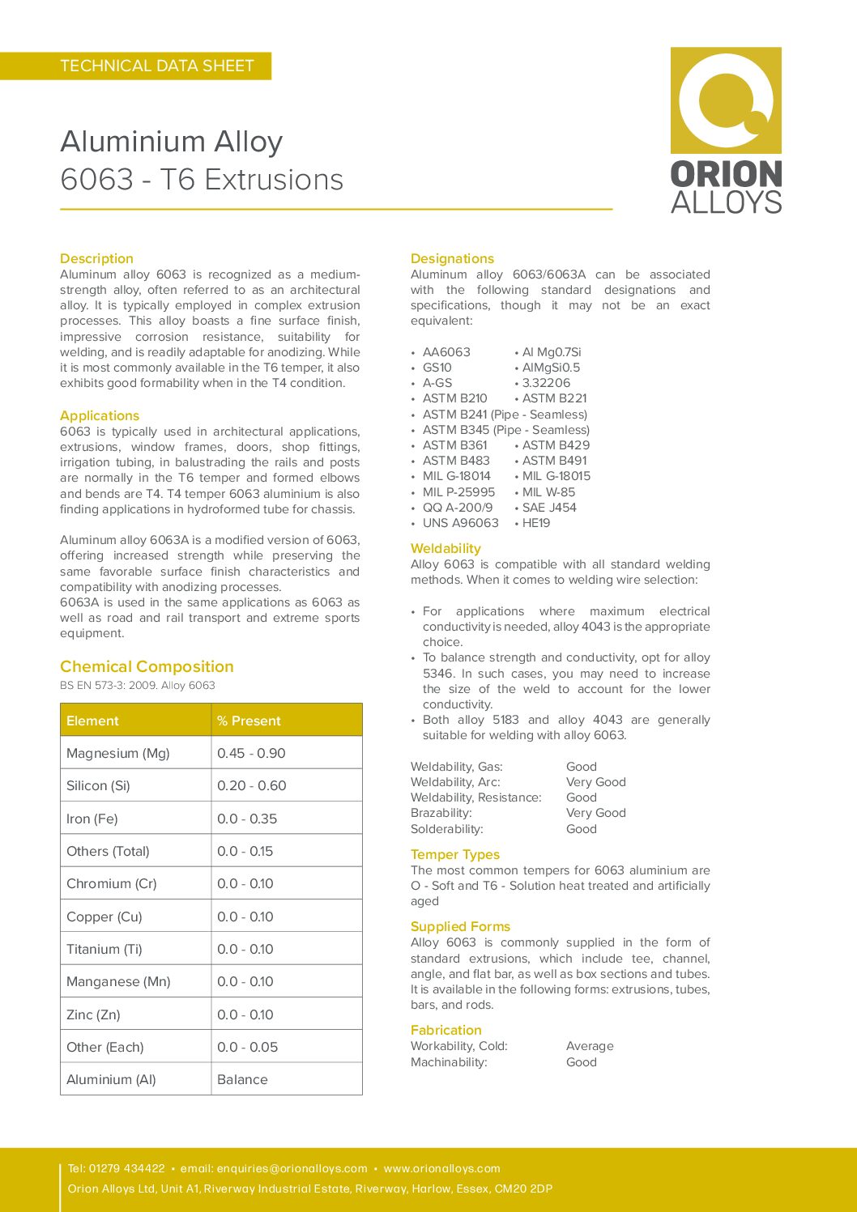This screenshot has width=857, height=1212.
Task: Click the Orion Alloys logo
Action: tap(726, 130)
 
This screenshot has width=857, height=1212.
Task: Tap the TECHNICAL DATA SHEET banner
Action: tap(157, 66)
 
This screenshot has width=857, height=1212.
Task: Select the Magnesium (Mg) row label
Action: tap(118, 753)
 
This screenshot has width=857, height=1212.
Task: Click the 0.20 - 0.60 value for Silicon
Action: tap(252, 785)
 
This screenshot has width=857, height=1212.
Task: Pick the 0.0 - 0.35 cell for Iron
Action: tap(247, 819)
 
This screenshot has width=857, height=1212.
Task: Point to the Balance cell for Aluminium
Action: tap(242, 1079)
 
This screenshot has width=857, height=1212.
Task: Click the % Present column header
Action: tap(249, 721)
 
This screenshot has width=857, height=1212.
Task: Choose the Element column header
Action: tap(92, 721)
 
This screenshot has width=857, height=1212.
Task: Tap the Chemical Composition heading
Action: tap(147, 666)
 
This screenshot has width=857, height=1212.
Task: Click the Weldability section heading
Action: tap(446, 548)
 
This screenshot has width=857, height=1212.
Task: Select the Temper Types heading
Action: tap(455, 854)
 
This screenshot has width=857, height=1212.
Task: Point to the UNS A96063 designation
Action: tap(460, 523)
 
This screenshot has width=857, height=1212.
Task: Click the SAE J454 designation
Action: tap(549, 508)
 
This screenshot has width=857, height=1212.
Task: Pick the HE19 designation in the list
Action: tap(536, 523)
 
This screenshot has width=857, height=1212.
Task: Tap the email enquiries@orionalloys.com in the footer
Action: tap(292, 1168)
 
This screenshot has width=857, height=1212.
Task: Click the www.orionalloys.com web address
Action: tap(441, 1168)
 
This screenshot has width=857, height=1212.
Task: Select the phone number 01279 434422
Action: tap(126, 1168)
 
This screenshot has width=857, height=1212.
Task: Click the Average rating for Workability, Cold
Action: tap(590, 1046)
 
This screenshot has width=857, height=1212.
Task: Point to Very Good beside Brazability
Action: tap(596, 813)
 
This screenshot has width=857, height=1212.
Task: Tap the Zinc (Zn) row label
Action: tap(93, 1014)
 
